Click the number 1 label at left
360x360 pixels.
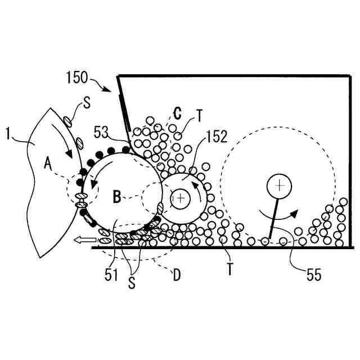(x=8, y=134)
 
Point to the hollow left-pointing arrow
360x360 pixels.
(x=84, y=240)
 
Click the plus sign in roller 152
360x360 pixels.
(x=180, y=198)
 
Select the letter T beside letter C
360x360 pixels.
(x=199, y=116)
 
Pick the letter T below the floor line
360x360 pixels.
(x=230, y=268)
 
